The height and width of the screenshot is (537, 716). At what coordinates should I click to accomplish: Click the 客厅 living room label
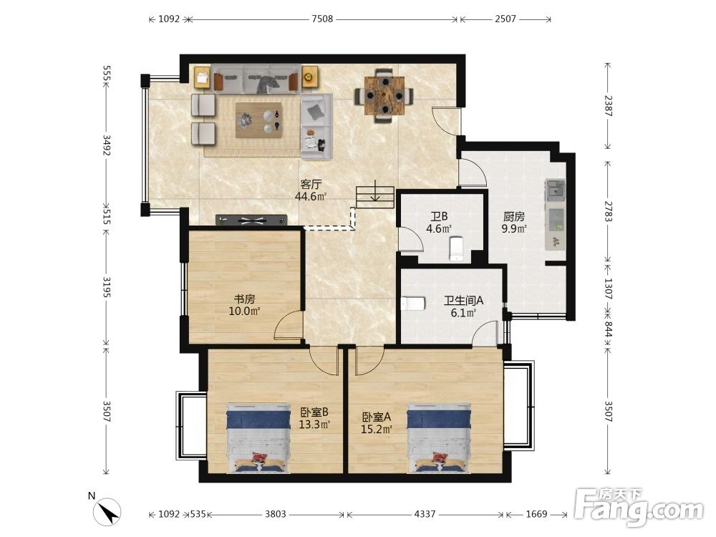pyautogui.click(x=311, y=185)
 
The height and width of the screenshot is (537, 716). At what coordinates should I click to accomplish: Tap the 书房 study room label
pyautogui.click(x=244, y=299)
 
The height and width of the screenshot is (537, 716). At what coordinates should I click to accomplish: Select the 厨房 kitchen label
pyautogui.click(x=513, y=216)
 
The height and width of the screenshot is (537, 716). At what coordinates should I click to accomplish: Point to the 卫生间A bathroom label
pyautogui.click(x=463, y=301)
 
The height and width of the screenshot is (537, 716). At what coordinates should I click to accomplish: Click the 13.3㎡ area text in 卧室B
pyautogui.click(x=314, y=425)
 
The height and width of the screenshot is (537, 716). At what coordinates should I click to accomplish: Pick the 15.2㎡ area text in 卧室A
pyautogui.click(x=377, y=429)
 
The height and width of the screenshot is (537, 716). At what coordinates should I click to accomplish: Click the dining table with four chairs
pyautogui.click(x=384, y=96)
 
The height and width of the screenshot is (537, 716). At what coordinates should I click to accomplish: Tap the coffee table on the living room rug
pyautogui.click(x=258, y=120)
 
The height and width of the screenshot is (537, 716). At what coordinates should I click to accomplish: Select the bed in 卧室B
pyautogui.click(x=258, y=438)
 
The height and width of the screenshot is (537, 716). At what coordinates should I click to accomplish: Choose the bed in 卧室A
pyautogui.click(x=439, y=438)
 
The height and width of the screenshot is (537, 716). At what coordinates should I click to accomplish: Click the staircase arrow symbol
pyautogui.click(x=375, y=191)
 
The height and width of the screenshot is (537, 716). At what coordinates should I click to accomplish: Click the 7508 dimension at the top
pyautogui.click(x=322, y=19)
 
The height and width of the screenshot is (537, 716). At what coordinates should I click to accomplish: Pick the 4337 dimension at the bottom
pyautogui.click(x=425, y=514)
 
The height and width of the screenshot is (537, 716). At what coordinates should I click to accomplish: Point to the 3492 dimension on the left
pyautogui.click(x=107, y=145)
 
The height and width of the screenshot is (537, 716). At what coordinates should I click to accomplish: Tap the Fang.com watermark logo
pyautogui.click(x=639, y=506)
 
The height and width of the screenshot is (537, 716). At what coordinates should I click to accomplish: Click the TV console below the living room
pyautogui.click(x=251, y=221)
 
